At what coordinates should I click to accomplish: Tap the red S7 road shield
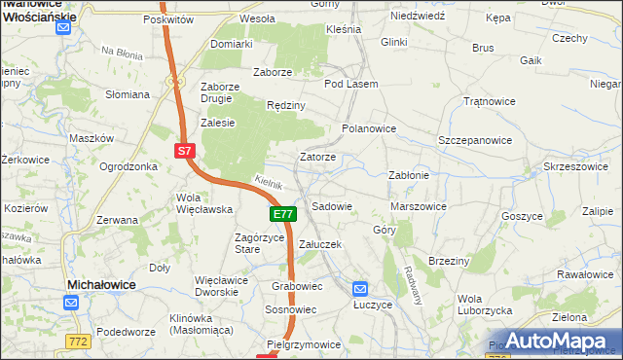coord(186,151)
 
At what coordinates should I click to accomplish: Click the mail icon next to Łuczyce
coord(360,288)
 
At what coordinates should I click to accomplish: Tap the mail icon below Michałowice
coord(71,303)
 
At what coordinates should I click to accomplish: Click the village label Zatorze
coord(318,157)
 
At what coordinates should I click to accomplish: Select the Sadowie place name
coord(331,206)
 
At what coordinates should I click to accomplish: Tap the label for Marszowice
coord(418,206)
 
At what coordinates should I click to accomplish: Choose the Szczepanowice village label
coord(475,140)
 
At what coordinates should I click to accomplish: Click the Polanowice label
coord(369,127)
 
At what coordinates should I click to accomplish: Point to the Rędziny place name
coord(286,105)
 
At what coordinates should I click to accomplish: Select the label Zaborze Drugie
coord(220,92)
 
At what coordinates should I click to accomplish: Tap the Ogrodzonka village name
coord(128,166)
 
